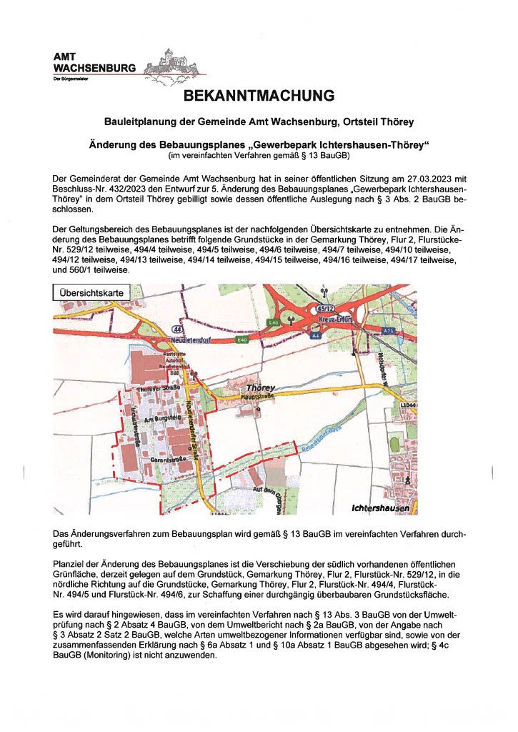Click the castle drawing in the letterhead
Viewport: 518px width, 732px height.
(x=170, y=62)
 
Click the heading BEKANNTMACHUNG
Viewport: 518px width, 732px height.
(x=259, y=96)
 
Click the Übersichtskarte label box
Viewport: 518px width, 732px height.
(x=91, y=292)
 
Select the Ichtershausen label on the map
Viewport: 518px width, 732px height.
(x=381, y=508)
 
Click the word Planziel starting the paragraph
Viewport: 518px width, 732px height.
(x=71, y=565)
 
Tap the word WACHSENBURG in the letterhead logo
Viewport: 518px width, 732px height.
(x=94, y=68)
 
